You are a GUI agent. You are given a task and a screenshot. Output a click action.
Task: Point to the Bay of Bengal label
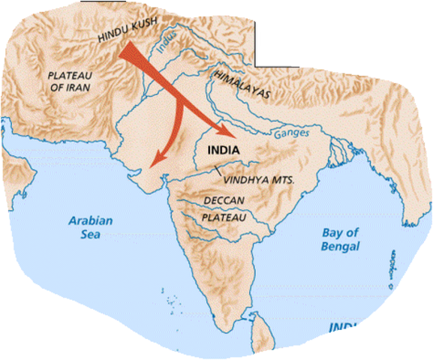click(x=339, y=240)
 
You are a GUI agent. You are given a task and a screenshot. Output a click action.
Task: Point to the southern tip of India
click(x=241, y=320)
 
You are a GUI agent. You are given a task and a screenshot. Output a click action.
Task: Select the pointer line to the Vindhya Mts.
click(x=218, y=172)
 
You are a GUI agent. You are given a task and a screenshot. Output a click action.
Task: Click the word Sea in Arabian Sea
click(x=90, y=234)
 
